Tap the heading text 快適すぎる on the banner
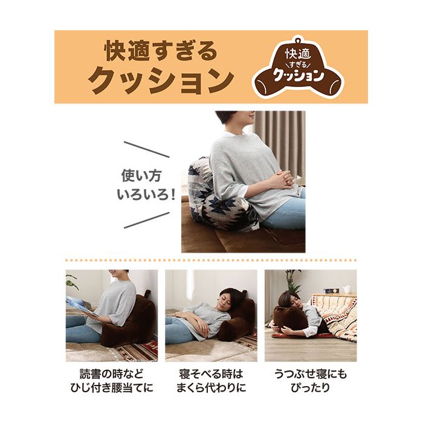click(x=161, y=50)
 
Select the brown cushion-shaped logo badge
click(x=298, y=67)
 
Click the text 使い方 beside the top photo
click(x=141, y=176)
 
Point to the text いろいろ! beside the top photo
click(x=146, y=194)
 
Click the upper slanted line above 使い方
click(x=147, y=149)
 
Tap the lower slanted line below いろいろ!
click(x=147, y=220)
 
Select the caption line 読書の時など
click(x=111, y=374)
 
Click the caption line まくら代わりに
click(x=211, y=388)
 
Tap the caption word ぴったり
click(x=310, y=388)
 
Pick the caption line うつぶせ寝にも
click(x=310, y=374)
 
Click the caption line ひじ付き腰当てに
click(x=111, y=388)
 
